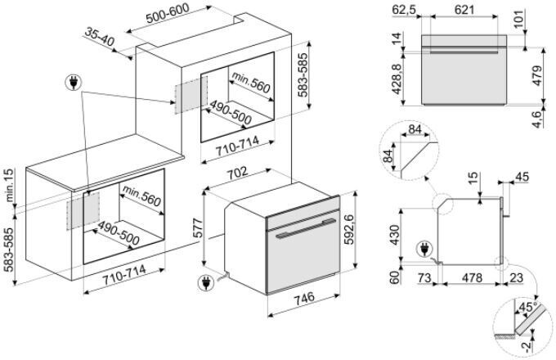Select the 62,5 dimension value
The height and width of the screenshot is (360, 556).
(x=403, y=10)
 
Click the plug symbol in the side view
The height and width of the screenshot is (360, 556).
(x=424, y=246)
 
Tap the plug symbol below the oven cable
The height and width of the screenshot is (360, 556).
(x=204, y=284)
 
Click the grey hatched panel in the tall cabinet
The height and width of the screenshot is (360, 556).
(x=188, y=97)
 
